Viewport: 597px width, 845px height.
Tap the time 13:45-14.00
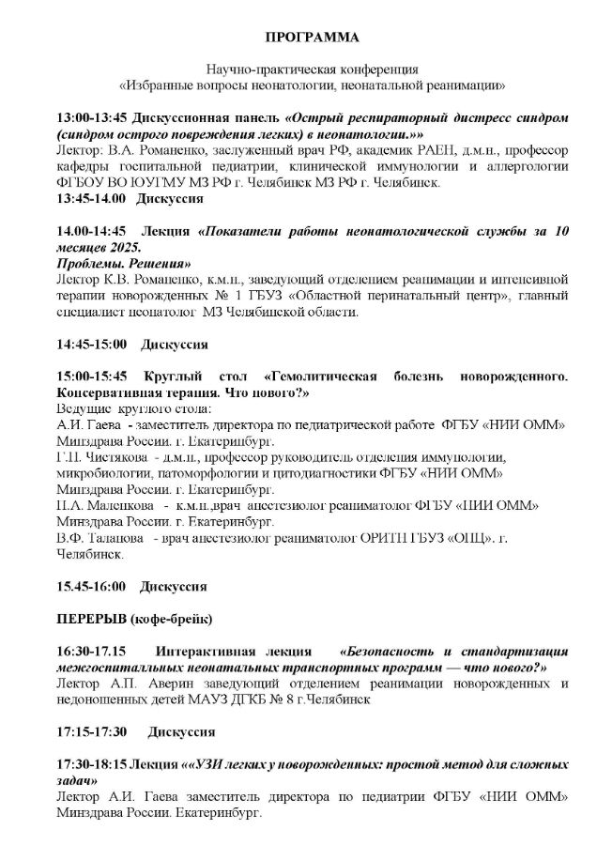(x=91, y=200)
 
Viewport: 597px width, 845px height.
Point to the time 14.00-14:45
(x=91, y=230)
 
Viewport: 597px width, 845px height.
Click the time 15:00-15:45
(x=92, y=376)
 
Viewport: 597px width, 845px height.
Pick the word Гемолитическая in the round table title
(x=325, y=376)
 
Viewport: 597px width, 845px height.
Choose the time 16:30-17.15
(x=92, y=651)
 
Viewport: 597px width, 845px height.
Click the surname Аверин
(x=150, y=683)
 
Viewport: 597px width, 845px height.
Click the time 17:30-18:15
(x=91, y=763)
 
